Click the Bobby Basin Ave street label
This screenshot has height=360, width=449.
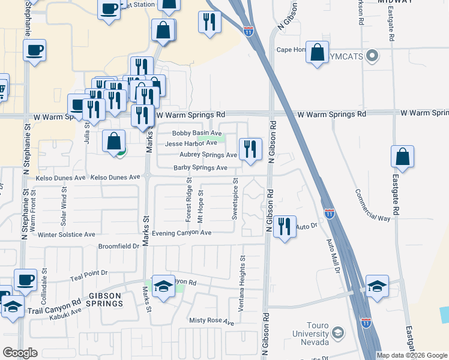click(x=197, y=133)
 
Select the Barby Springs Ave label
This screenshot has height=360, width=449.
click(x=200, y=168)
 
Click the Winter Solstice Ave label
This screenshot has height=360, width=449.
click(x=66, y=234)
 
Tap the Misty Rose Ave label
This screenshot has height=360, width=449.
click(x=211, y=322)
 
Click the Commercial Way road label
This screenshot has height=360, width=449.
click(x=373, y=206)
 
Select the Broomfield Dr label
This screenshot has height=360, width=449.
click(x=119, y=246)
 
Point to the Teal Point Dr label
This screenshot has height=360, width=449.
click(x=88, y=272)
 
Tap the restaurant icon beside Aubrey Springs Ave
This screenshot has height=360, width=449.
click(x=250, y=148)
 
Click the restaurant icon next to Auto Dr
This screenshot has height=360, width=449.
click(x=285, y=226)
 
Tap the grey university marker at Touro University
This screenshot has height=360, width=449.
click(x=338, y=332)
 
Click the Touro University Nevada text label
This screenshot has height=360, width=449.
click(x=310, y=334)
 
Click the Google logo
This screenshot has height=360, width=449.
click(x=20, y=353)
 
